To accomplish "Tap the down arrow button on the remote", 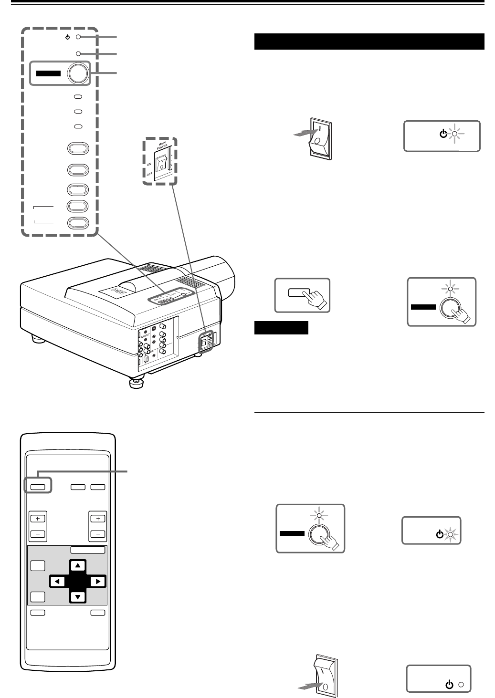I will click(78, 596).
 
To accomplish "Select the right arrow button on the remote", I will click(97, 581).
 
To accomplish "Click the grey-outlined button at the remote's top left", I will click(38, 487).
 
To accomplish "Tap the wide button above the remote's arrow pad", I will click(88, 550).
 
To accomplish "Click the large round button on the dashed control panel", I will click(78, 73).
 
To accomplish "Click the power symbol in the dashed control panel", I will click(68, 37).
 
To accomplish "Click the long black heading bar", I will click(369, 42).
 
